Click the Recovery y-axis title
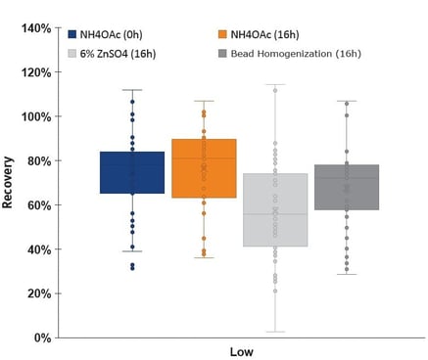click(x=9, y=183)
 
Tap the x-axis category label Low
click(x=242, y=351)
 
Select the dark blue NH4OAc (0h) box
click(x=132, y=172)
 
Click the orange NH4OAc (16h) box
click(x=204, y=168)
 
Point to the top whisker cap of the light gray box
click(x=275, y=84)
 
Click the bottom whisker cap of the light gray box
click(x=275, y=332)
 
